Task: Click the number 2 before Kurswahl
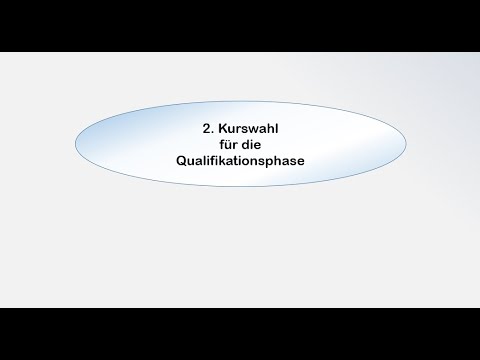(x=193, y=129)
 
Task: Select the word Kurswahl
(x=235, y=129)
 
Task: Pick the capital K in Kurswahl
(x=208, y=129)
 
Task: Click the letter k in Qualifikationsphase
(x=217, y=160)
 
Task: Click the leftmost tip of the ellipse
(x=75, y=145)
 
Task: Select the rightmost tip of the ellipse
(x=406, y=145)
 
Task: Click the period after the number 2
(x=199, y=133)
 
